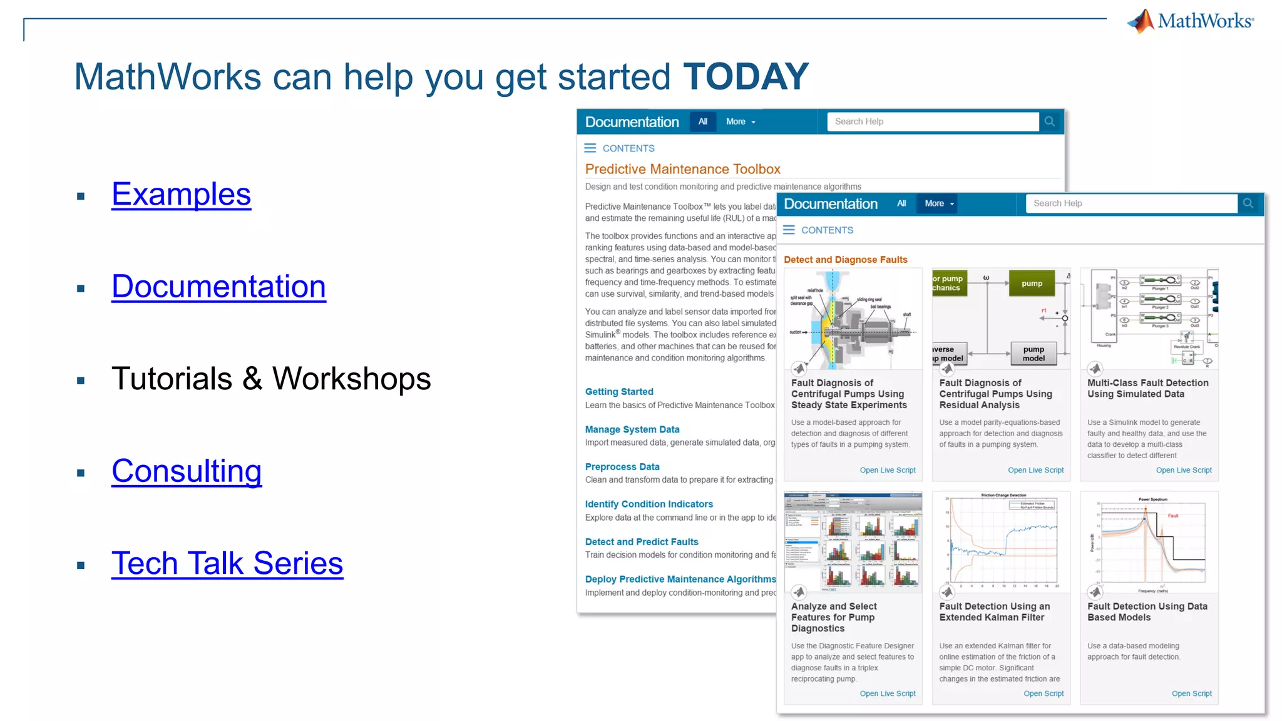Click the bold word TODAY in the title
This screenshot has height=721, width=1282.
point(746,76)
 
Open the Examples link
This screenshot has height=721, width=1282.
point(181,194)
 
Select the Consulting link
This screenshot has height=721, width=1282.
point(187,471)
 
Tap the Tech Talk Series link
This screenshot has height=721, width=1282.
point(227,563)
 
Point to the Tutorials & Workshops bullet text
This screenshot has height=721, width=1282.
point(271,379)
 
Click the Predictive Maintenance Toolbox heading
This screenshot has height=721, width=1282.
point(682,169)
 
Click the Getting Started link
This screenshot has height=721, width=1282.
point(619,392)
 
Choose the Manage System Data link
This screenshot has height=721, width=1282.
point(632,429)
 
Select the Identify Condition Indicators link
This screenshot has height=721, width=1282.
point(649,504)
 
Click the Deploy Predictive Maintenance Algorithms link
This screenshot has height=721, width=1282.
point(680,579)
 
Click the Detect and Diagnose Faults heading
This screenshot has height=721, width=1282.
point(845,260)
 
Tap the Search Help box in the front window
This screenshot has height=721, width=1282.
point(1131,203)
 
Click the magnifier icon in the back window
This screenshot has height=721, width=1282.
point(1050,121)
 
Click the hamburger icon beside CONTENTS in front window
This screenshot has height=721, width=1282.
point(789,230)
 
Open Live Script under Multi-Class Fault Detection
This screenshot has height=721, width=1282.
point(1183,470)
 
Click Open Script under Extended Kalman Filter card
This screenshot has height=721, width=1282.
point(1043,693)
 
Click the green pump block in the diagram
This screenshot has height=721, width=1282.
point(1032,284)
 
